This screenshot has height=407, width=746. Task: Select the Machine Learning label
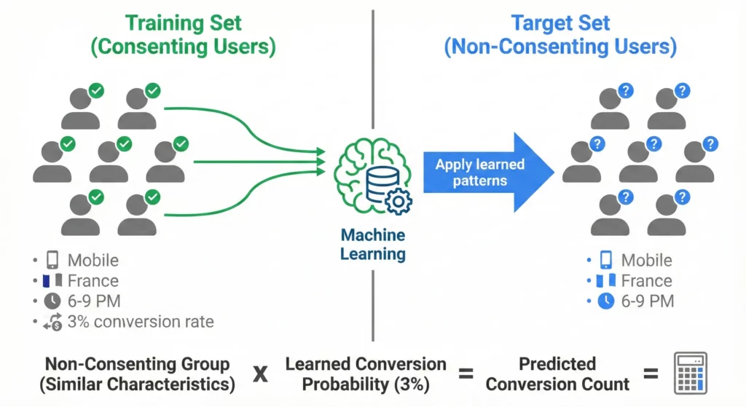(x=373, y=244)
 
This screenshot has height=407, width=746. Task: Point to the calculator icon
(x=690, y=374)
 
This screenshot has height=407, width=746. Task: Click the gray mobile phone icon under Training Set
(x=52, y=261)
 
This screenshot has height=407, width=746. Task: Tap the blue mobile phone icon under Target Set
(x=606, y=261)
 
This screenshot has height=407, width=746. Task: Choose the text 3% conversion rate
(x=141, y=322)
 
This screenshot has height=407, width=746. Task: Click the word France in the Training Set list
(x=93, y=281)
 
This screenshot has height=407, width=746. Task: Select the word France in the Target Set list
(x=646, y=281)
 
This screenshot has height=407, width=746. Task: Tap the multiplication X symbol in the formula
(x=259, y=374)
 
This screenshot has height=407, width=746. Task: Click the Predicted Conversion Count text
(x=558, y=374)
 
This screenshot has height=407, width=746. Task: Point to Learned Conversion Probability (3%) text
(x=365, y=374)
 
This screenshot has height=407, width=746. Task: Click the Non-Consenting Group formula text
(x=137, y=374)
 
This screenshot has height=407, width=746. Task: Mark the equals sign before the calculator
(x=651, y=374)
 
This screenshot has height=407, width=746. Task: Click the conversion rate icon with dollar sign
(x=52, y=322)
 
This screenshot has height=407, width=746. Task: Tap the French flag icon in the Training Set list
(x=52, y=281)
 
